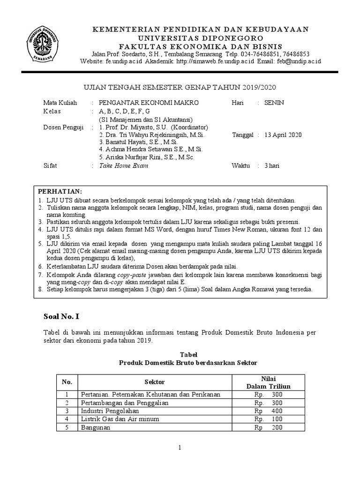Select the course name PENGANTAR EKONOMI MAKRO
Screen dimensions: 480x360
pyautogui.click(x=149, y=103)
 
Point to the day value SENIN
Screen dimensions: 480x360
pyautogui.click(x=274, y=103)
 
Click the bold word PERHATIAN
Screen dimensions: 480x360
pyautogui.click(x=60, y=192)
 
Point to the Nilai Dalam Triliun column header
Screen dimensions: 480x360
pyautogui.click(x=269, y=382)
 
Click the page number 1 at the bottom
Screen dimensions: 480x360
pyautogui.click(x=180, y=449)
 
